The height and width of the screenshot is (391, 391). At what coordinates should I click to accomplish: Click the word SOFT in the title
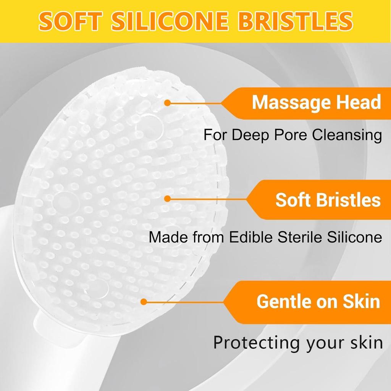pos(71,21)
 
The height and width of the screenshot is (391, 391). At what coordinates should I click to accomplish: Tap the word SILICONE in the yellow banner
pos(170,21)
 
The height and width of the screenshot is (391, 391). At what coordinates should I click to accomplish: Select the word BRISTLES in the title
pos(295,21)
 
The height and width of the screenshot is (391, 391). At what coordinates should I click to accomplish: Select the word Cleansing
pos(347,135)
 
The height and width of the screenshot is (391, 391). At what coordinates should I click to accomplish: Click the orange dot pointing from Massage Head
pos(168,103)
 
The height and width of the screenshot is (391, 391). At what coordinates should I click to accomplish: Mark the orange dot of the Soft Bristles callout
pos(168,199)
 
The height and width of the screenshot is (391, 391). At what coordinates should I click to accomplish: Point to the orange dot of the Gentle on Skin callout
pos(144,302)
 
